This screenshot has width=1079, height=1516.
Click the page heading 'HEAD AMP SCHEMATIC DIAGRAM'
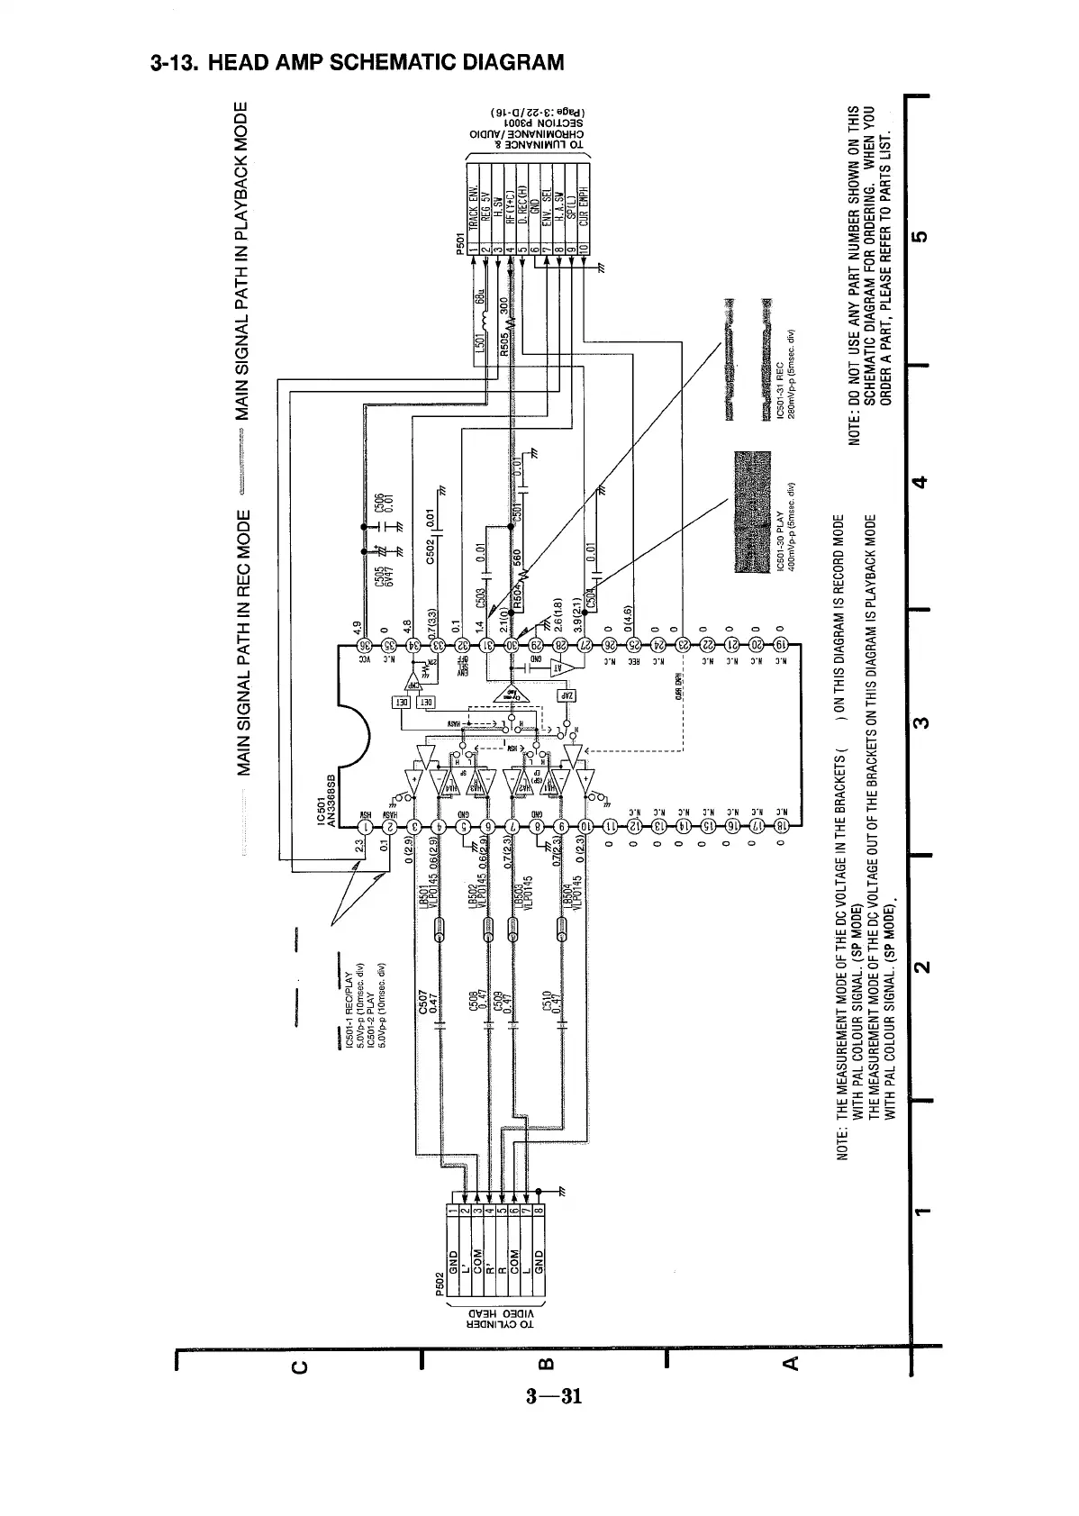click(x=358, y=63)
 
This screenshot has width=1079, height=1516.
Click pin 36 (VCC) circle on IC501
click(x=365, y=645)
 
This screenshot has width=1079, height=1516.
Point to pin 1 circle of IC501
click(x=366, y=824)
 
